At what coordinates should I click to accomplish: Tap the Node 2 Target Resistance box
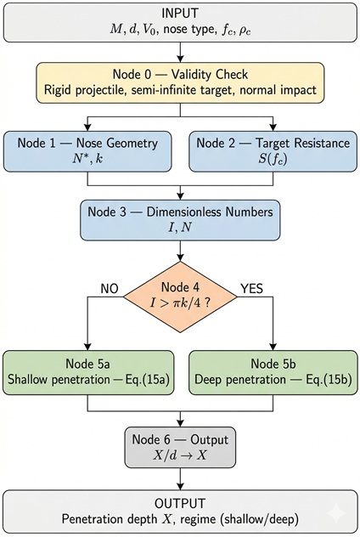pos(273,151)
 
